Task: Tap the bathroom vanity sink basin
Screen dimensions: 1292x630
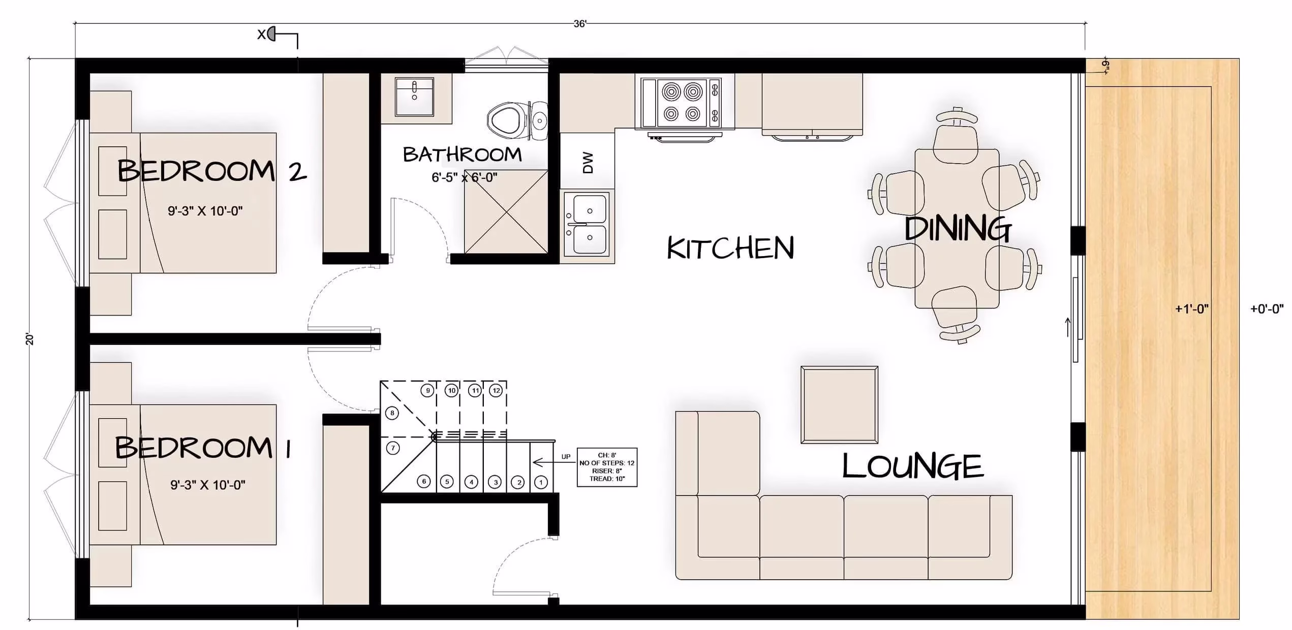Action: click(x=414, y=97)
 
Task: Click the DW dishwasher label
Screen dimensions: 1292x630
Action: click(x=588, y=163)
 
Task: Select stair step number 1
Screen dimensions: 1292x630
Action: click(x=541, y=482)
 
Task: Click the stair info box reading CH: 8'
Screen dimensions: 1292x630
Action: click(x=607, y=467)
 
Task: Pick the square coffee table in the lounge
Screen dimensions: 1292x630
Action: click(x=839, y=404)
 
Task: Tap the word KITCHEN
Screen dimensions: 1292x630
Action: click(x=730, y=248)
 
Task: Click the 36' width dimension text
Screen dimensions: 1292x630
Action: click(x=580, y=24)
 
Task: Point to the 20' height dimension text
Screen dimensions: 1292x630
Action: click(x=29, y=339)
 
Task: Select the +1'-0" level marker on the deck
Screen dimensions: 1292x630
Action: click(x=1192, y=308)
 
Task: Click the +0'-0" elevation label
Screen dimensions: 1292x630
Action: click(x=1267, y=308)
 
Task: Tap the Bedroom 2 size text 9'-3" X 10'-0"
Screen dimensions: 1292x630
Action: click(x=205, y=211)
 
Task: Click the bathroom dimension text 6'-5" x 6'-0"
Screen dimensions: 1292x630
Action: click(x=465, y=177)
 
